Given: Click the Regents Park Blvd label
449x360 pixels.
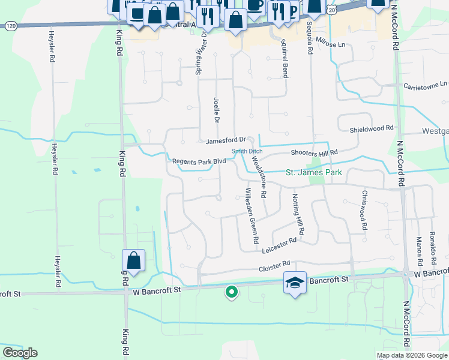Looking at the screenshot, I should pyautogui.click(x=199, y=161).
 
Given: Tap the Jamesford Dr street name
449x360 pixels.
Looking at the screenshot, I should pyautogui.click(x=226, y=142).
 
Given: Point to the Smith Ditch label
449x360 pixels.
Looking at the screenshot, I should pyautogui.click(x=247, y=152).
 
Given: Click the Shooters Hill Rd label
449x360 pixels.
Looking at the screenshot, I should pyautogui.click(x=315, y=153).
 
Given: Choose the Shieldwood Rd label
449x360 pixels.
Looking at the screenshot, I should pyautogui.click(x=372, y=128).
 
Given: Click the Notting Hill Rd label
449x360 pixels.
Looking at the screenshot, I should pyautogui.click(x=298, y=214).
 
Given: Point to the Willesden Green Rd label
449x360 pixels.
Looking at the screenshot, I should pyautogui.click(x=252, y=216).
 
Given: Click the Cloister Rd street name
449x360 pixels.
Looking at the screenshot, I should pyautogui.click(x=274, y=264).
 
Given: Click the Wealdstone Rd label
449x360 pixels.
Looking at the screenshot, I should pyautogui.click(x=259, y=178).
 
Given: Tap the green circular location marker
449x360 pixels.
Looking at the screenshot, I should pyautogui.click(x=231, y=292).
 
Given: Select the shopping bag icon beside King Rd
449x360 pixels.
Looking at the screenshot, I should pyautogui.click(x=133, y=260).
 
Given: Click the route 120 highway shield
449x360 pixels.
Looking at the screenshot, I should pyautogui.click(x=10, y=26).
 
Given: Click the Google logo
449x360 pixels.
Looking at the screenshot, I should pyautogui.click(x=20, y=353).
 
